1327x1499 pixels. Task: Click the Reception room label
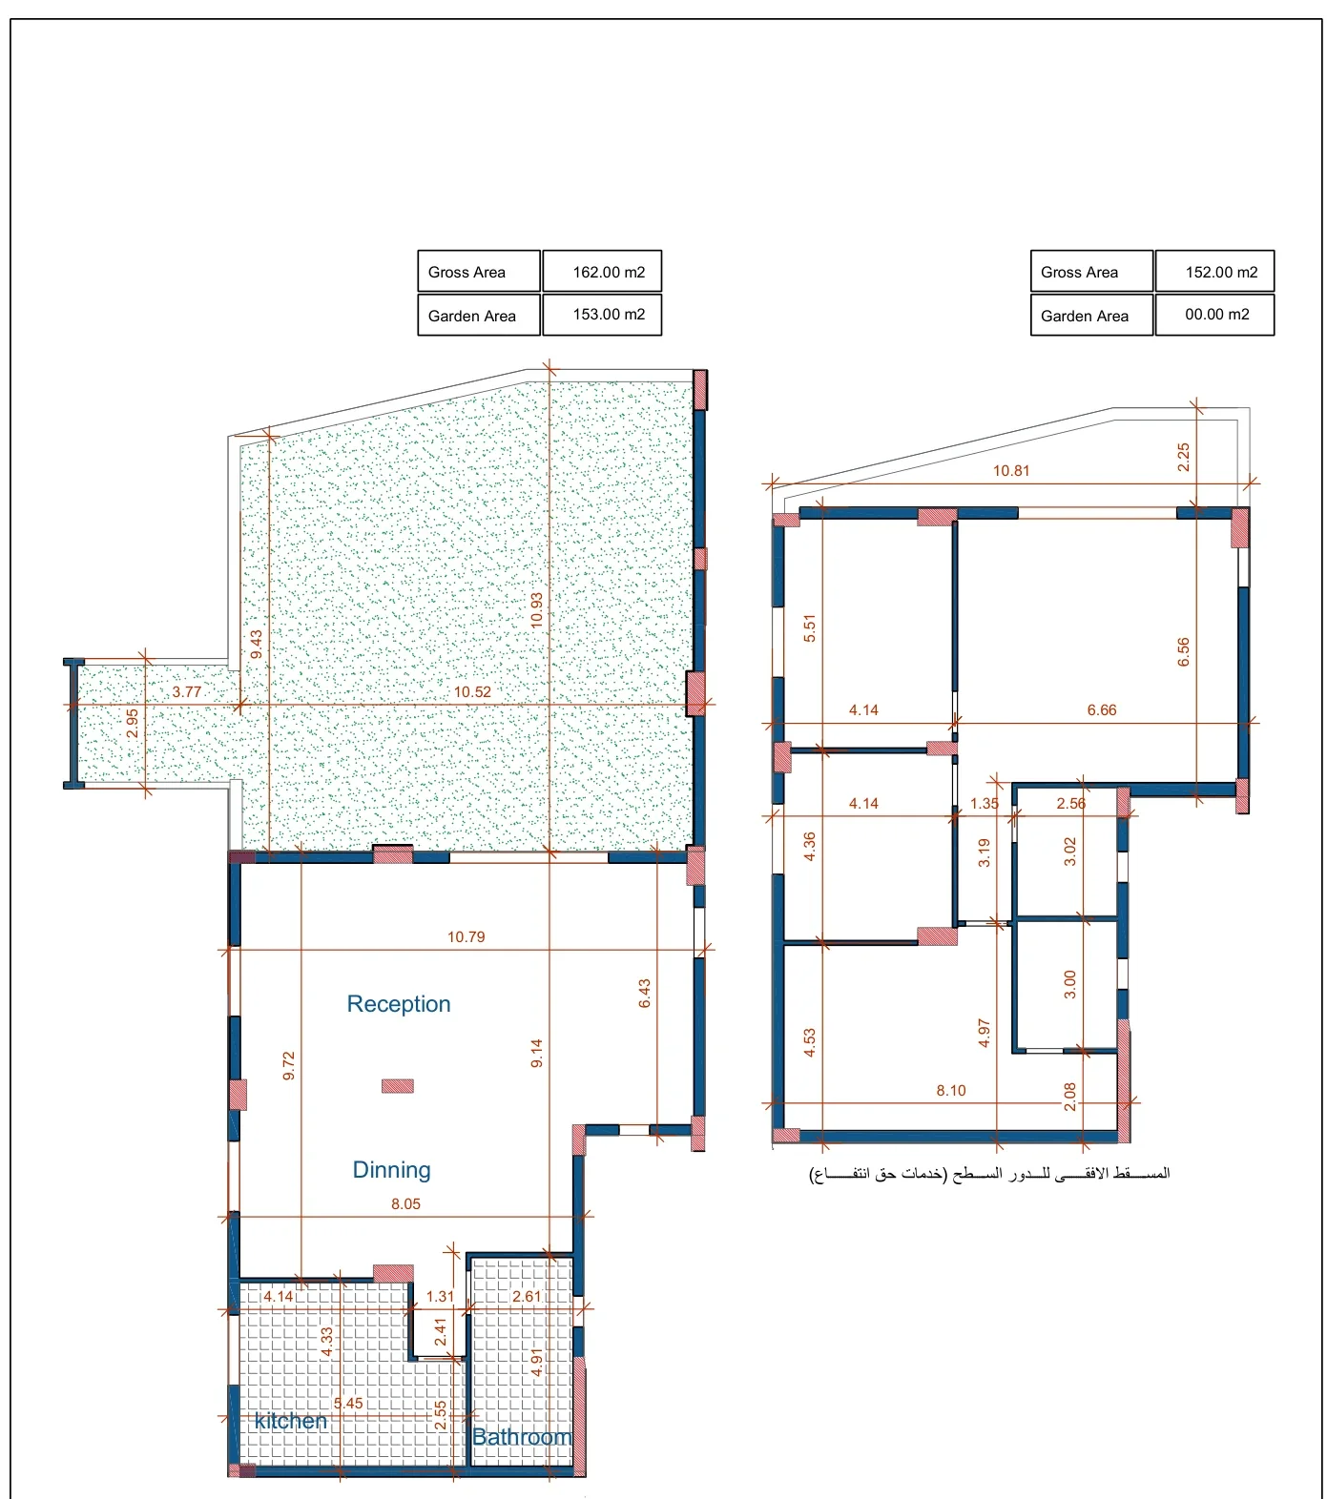tap(399, 1004)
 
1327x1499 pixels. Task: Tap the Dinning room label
tap(391, 1170)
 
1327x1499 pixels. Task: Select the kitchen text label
tap(291, 1421)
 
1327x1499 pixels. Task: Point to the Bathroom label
tap(522, 1437)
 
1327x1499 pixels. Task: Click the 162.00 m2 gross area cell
tap(602, 272)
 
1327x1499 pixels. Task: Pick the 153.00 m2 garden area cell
tap(602, 315)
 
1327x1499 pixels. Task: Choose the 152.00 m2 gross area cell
tap(1214, 272)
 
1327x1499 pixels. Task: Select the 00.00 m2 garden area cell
tap(1214, 315)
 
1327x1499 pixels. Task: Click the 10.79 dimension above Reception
tap(467, 937)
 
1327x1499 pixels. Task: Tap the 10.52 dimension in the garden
tap(472, 692)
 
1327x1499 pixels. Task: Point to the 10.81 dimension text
tap(1011, 471)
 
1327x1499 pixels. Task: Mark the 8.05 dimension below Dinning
tap(405, 1204)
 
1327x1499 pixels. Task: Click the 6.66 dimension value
tap(1102, 710)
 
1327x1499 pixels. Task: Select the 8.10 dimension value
tap(951, 1091)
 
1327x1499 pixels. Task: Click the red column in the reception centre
tap(398, 1085)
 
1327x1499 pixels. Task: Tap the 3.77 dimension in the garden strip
tap(187, 692)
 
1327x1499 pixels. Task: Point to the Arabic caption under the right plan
tap(989, 1174)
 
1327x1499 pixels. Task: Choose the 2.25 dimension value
tap(1184, 458)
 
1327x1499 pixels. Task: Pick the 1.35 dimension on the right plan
tap(985, 804)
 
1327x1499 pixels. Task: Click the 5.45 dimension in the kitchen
tap(348, 1404)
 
